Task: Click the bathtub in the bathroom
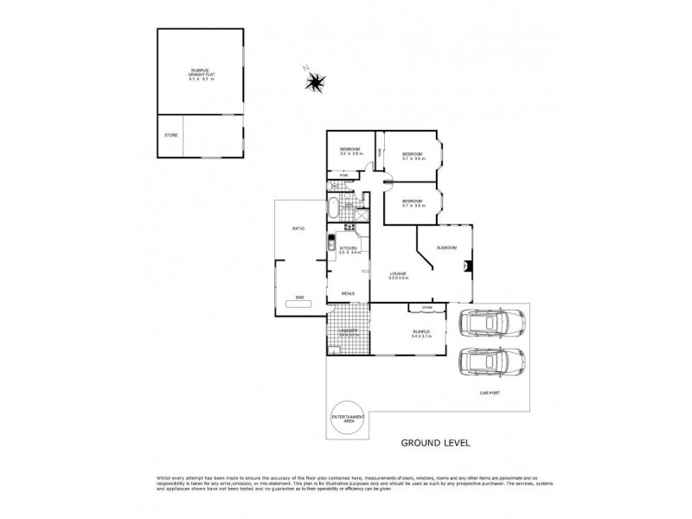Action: (x=334, y=208)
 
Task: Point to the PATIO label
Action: (x=297, y=229)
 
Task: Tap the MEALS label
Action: (x=348, y=293)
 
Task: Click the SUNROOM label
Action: (x=447, y=247)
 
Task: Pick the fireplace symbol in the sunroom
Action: (x=467, y=267)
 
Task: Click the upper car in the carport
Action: (x=489, y=324)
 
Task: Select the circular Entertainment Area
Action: (x=349, y=419)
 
